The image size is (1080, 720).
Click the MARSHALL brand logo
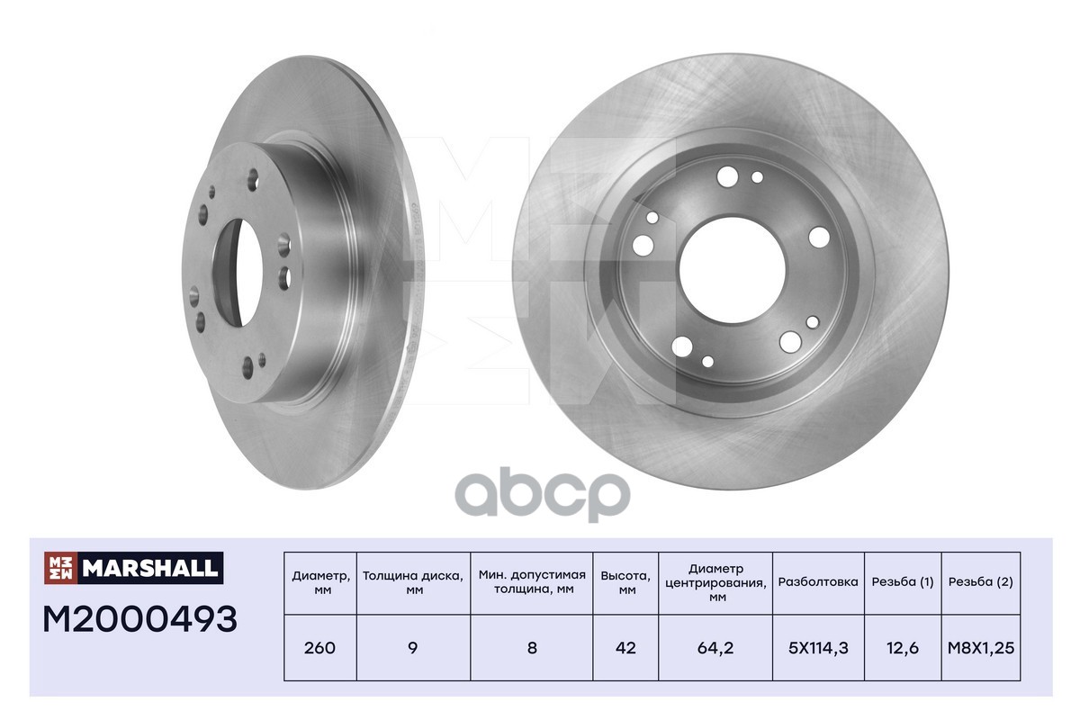132,567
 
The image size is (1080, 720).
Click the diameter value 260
319,647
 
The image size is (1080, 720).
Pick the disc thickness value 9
413,647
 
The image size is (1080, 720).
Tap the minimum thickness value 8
532,647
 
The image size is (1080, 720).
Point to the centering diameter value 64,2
715,647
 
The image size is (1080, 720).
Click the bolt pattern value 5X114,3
817,647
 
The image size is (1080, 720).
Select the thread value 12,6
902,647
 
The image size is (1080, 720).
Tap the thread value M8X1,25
981,647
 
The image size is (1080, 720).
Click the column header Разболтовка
817,582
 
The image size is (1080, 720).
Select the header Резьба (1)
902,582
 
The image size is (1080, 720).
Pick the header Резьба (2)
981,582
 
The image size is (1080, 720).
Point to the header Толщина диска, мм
413,582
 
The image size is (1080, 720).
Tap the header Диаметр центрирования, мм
715,582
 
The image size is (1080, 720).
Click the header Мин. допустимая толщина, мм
532,582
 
